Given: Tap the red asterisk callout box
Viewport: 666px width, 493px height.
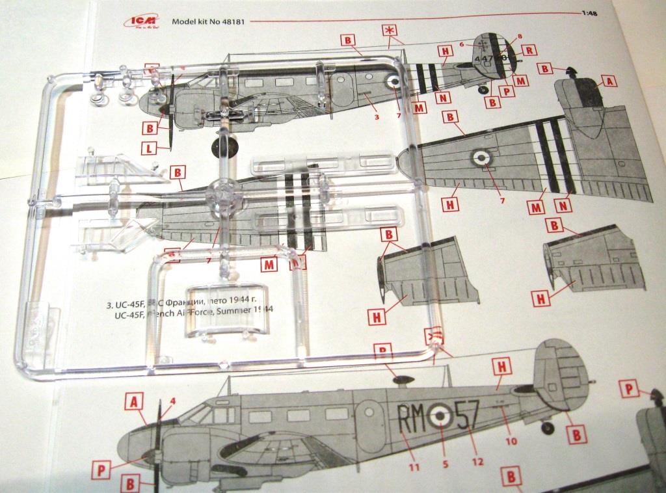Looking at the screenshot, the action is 390,32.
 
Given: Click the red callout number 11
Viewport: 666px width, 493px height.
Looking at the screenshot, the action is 414,466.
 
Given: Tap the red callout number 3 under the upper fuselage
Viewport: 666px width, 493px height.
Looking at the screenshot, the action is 376,118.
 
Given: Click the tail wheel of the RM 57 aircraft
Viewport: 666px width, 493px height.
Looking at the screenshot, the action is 548,427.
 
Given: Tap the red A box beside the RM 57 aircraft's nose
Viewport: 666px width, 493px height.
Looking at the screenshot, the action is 134,403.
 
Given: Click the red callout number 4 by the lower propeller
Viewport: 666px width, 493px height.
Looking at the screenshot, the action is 172,401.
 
